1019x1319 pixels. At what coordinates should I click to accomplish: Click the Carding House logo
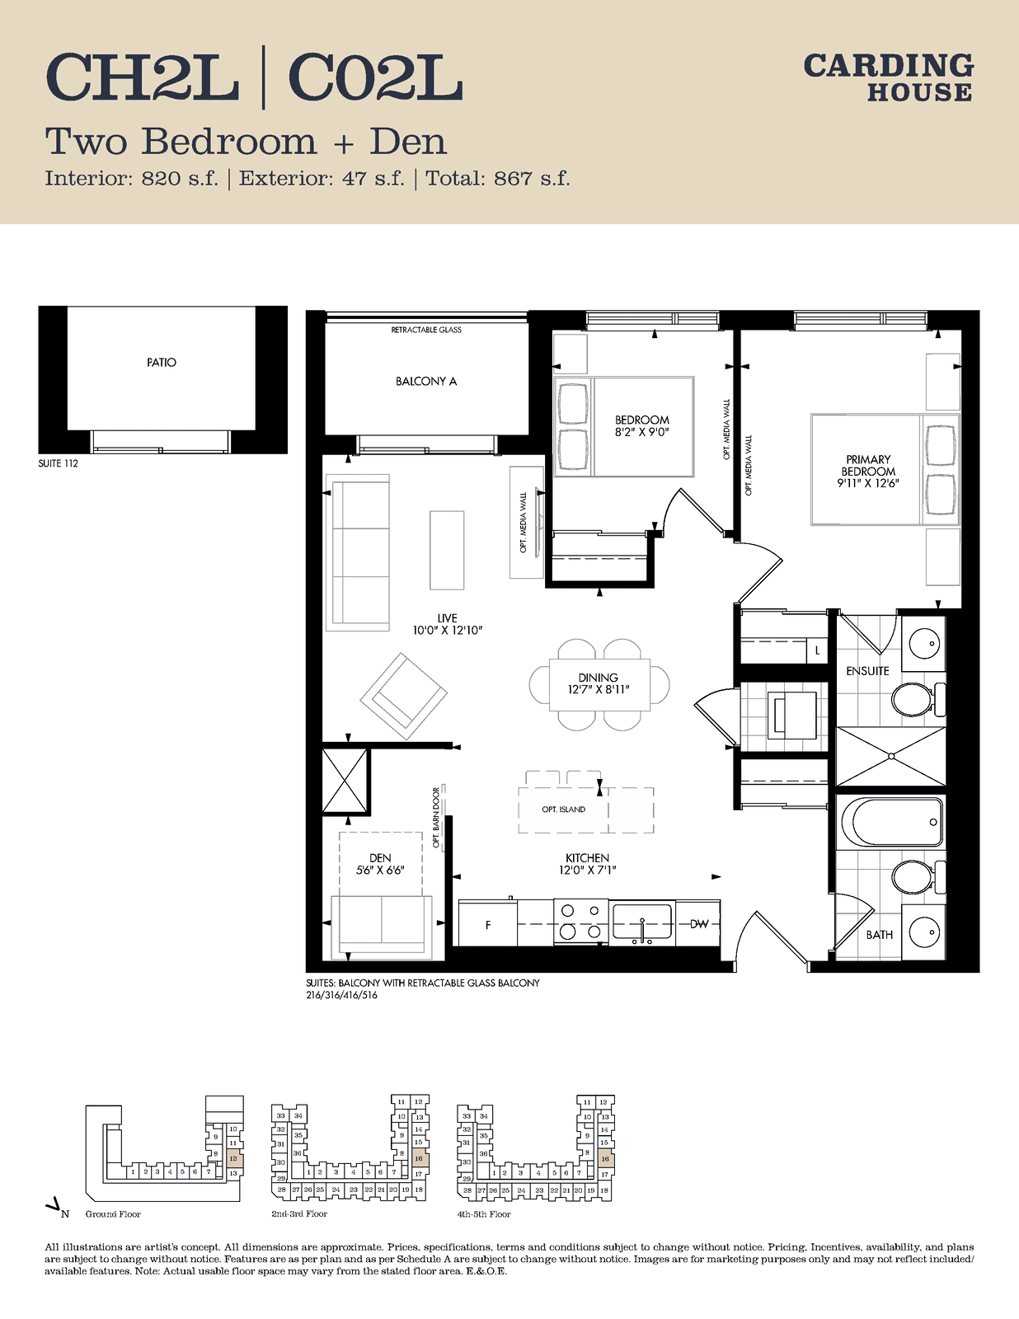pyautogui.click(x=888, y=77)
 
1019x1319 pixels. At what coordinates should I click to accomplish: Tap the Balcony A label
pyautogui.click(x=426, y=381)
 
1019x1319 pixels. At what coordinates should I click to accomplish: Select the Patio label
pyautogui.click(x=162, y=363)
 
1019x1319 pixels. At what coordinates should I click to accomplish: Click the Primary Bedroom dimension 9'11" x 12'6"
pyautogui.click(x=868, y=483)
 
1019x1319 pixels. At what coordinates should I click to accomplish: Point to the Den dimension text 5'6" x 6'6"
pyautogui.click(x=380, y=870)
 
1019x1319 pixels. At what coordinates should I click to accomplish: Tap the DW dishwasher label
pyautogui.click(x=699, y=924)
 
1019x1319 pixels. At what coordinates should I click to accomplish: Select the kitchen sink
pyautogui.click(x=642, y=923)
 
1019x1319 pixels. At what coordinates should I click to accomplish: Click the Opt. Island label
pyautogui.click(x=563, y=810)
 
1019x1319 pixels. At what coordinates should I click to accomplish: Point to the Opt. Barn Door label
pyautogui.click(x=436, y=818)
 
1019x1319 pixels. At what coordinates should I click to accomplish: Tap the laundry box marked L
pyautogui.click(x=818, y=650)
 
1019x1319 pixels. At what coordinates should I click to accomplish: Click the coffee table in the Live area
pyautogui.click(x=447, y=550)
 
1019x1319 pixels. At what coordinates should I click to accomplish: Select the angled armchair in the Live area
pyautogui.click(x=404, y=697)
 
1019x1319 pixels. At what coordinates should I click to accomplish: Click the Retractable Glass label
pyautogui.click(x=426, y=331)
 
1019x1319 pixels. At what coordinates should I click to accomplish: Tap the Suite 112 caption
pyautogui.click(x=59, y=463)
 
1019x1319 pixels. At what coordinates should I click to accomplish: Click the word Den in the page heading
pyautogui.click(x=408, y=142)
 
